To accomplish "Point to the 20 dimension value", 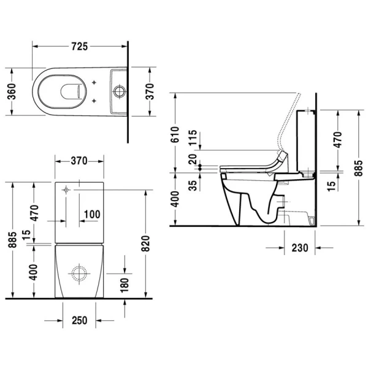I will (193, 159).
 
